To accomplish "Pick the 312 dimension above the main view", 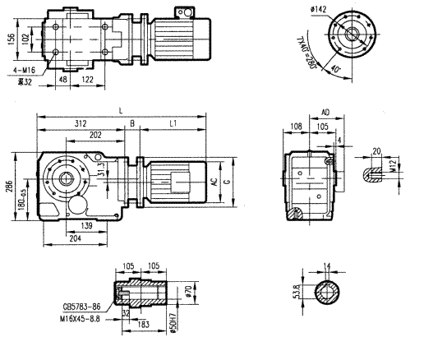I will [x=81, y=124].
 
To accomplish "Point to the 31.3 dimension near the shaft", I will [x=100, y=169].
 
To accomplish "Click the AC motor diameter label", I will [x=214, y=185].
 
